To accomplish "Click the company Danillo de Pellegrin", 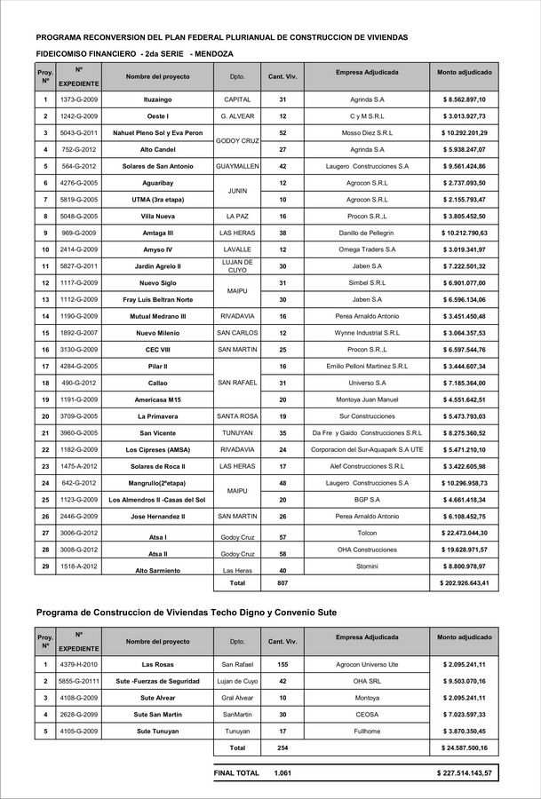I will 367,233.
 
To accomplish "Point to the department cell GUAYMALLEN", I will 237,166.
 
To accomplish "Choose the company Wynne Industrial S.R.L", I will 367,332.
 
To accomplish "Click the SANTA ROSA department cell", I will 237,415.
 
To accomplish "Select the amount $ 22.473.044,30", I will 470,533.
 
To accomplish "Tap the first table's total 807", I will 282,583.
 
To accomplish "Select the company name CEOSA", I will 367,714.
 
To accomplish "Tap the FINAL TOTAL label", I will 236,773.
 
